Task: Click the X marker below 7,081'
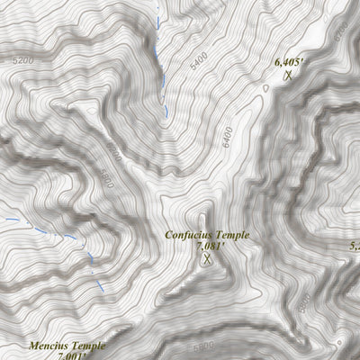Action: point(208,259)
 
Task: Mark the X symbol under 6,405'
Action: point(288,76)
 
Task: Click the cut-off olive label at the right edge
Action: point(355,245)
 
